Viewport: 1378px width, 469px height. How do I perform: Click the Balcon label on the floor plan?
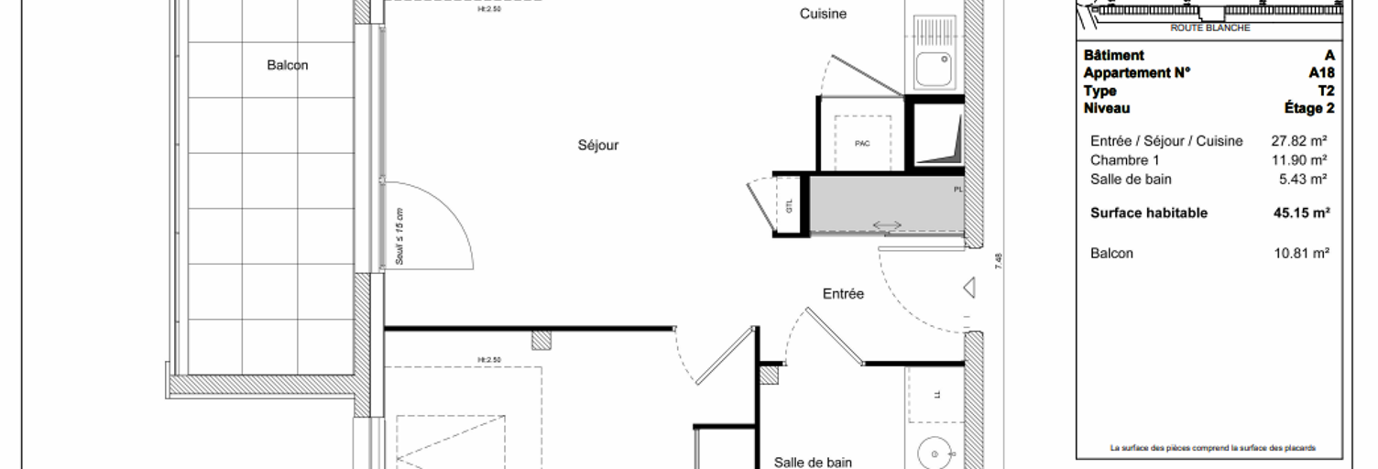tap(288, 65)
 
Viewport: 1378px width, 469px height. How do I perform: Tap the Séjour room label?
tap(598, 145)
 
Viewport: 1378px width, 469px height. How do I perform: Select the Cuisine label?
tap(823, 14)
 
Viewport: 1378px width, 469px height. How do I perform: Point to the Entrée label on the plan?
tap(843, 294)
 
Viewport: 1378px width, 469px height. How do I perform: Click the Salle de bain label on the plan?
tap(812, 463)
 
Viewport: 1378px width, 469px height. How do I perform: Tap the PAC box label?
tap(862, 144)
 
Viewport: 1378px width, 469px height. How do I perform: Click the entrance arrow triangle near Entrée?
tap(968, 289)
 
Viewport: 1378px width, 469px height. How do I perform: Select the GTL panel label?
tap(789, 206)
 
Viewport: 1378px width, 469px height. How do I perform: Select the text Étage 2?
tap(1309, 108)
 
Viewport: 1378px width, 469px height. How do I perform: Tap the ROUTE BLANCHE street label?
tap(1209, 28)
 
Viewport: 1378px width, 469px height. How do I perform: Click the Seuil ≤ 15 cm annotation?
tap(399, 236)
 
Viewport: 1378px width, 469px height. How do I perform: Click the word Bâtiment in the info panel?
tap(1113, 56)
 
